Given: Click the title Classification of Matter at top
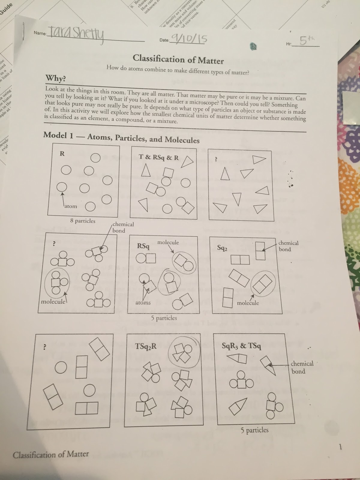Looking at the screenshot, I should click(x=178, y=59).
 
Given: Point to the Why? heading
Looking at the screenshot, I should click(x=55, y=78).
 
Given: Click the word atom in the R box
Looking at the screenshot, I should click(x=70, y=206).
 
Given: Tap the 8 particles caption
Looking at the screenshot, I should click(x=82, y=221).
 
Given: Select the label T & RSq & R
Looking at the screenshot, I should click(x=159, y=157).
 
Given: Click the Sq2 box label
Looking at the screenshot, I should click(x=222, y=248).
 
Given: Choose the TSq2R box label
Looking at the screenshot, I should click(x=146, y=346).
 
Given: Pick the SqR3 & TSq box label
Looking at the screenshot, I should click(x=241, y=346).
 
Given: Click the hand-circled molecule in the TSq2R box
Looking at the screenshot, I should click(x=184, y=354).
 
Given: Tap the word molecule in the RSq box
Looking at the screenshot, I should click(x=168, y=242).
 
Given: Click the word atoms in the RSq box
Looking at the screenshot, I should click(x=143, y=303).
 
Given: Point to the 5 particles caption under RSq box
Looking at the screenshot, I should click(x=164, y=318).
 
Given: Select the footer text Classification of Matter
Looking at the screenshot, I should click(x=51, y=454).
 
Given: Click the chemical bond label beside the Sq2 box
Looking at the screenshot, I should click(x=288, y=246).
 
